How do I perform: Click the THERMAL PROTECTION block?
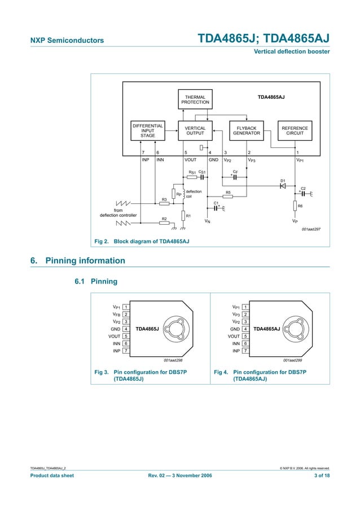point(195,100)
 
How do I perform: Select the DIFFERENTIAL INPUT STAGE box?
point(148,130)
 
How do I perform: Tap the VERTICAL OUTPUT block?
point(195,131)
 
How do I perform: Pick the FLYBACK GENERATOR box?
point(247,131)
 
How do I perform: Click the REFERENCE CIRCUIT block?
point(295,131)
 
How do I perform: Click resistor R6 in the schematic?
point(295,206)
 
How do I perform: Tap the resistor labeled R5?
point(228,197)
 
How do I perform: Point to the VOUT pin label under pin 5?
point(191,160)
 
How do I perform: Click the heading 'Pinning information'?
point(85,261)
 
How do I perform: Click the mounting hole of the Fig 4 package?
point(295,328)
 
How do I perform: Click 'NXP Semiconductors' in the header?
point(67,40)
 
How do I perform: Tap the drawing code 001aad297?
point(310,229)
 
